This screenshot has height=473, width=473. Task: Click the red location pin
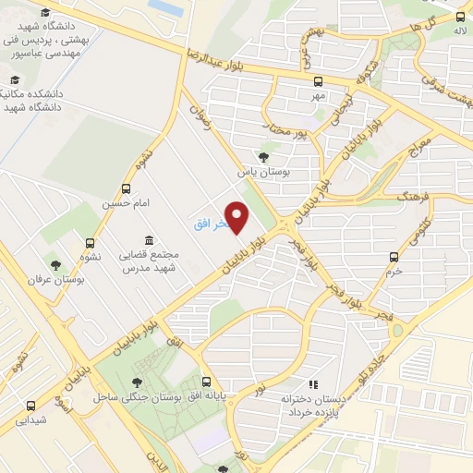[x=238, y=218]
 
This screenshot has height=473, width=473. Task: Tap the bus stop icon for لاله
[x=459, y=16]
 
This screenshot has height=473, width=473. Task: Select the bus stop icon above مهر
[x=319, y=80]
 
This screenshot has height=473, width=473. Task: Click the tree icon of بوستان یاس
[x=265, y=156]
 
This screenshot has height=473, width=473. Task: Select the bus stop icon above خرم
[x=394, y=257]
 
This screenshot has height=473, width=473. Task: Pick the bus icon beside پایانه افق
[x=206, y=382]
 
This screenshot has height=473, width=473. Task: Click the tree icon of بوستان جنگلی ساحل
[x=138, y=382]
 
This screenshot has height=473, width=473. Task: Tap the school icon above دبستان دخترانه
[x=313, y=383]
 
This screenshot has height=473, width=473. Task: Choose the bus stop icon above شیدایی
[x=30, y=406]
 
